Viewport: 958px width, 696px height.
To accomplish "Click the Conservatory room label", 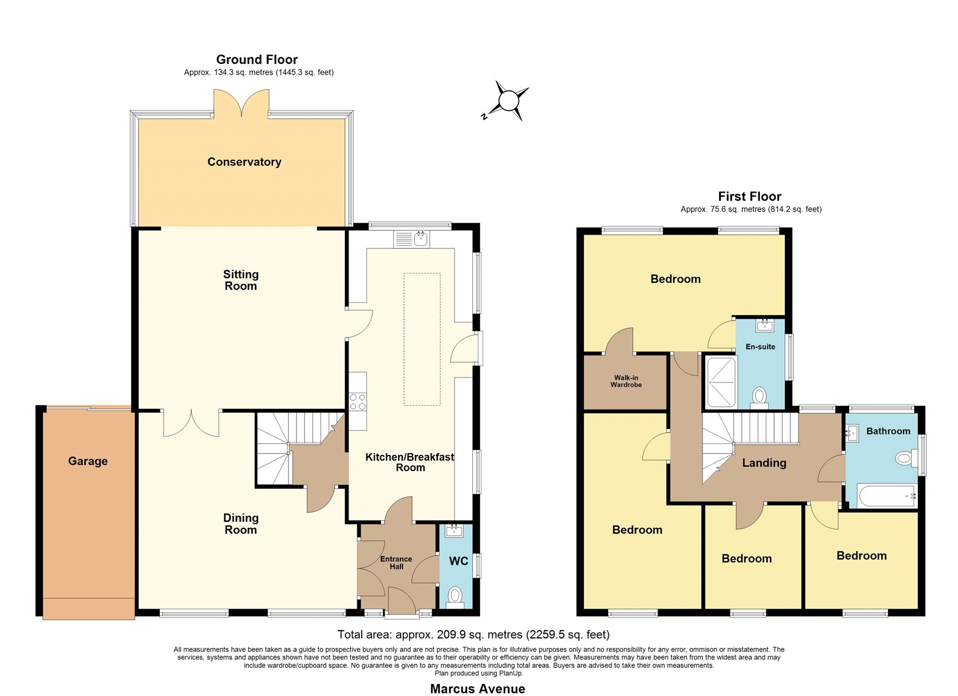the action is coord(244,162).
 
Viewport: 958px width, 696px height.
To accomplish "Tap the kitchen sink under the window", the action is coord(411,239).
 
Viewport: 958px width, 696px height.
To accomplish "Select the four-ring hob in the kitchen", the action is coord(357,402).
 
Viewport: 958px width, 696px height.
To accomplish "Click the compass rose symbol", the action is coord(508,101).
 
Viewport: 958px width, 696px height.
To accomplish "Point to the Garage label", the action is coord(87,461).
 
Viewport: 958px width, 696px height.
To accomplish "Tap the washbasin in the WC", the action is coord(453,531).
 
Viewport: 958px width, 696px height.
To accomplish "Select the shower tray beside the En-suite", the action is coord(721,382).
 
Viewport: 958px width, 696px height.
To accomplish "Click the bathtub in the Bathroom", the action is coord(887,496).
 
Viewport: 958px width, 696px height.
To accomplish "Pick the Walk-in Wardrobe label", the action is coord(626,381).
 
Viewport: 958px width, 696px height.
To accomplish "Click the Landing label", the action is coord(764,463).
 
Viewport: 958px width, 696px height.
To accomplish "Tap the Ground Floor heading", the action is coord(257,59).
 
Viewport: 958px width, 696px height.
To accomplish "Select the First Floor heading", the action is coord(749,196).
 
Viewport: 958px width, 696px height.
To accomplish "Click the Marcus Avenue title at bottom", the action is coord(477,689).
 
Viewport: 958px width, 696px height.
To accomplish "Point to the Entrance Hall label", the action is coord(396,563).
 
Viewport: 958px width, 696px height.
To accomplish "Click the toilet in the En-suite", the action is coord(759,397).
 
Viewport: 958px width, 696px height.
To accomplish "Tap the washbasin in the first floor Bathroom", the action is coord(853,433).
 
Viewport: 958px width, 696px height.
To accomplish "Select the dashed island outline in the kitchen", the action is coord(422,339).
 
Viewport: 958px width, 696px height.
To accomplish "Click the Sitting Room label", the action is coord(241,280).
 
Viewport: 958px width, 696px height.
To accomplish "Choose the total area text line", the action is coord(474,634).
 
